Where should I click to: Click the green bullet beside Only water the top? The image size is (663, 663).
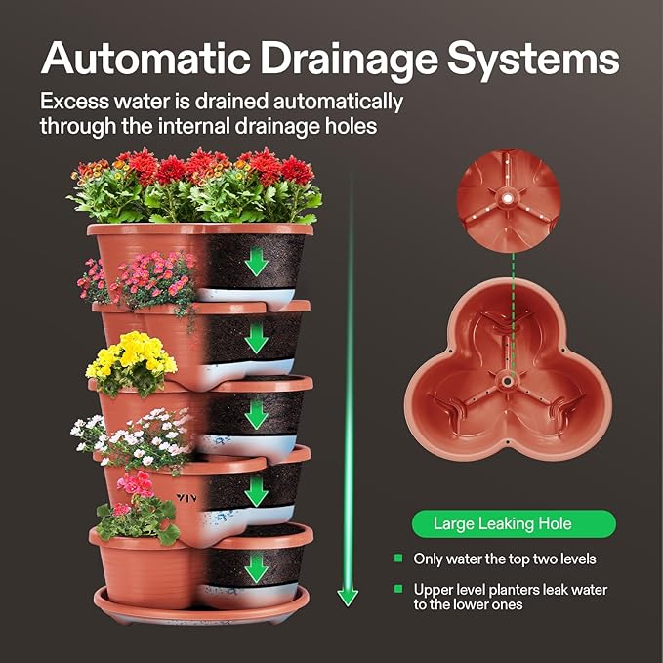point(398,559)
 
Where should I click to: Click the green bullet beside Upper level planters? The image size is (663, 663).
point(398,590)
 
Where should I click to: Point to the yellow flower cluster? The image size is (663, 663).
point(131,358)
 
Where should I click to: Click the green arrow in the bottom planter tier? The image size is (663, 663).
point(256,567)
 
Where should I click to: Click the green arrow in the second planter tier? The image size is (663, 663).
point(256,338)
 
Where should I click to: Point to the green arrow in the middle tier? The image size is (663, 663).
point(256,414)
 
